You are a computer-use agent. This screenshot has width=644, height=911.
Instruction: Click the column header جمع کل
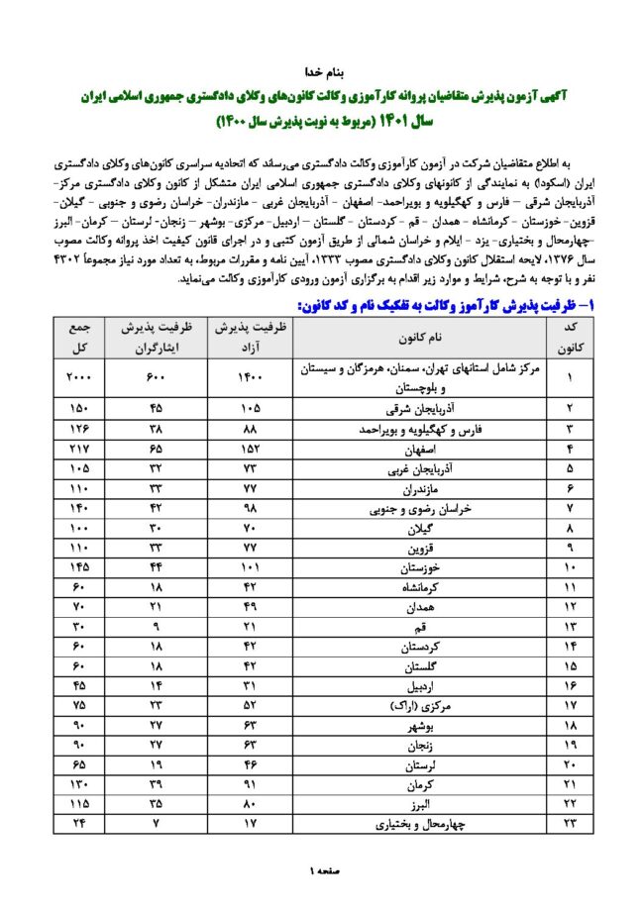77,339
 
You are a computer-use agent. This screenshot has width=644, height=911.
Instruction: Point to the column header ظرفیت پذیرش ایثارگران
157,339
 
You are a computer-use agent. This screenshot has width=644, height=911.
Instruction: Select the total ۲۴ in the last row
77,822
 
